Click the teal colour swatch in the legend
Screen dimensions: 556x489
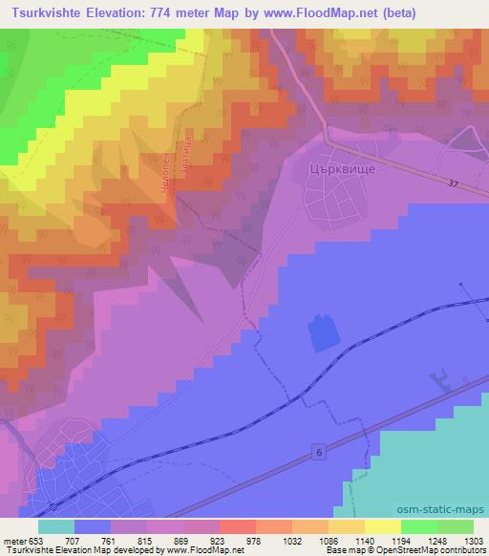tap(56, 526)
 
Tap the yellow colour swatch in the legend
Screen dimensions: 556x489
tap(383, 526)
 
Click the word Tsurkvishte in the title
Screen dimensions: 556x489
tap(45, 12)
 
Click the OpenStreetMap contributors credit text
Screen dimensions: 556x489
tap(438, 551)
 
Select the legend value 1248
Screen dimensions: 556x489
tap(420, 540)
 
